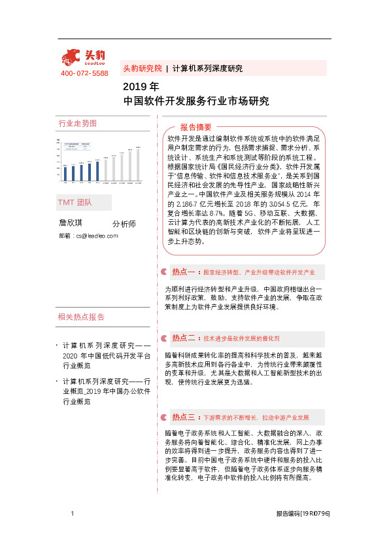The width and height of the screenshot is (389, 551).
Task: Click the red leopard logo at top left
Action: (73, 56)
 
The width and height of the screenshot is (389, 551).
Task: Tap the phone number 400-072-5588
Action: (84, 73)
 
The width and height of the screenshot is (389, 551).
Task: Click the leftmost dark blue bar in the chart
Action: (65, 173)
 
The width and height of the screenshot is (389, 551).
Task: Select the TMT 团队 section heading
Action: (75, 202)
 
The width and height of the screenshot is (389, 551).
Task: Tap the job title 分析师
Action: (124, 224)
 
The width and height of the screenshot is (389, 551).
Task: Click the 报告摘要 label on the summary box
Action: (195, 127)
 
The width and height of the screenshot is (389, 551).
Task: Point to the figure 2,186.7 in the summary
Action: (187, 204)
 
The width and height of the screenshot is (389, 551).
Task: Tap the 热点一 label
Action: (184, 271)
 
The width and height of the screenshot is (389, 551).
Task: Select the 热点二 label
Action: (184, 338)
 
